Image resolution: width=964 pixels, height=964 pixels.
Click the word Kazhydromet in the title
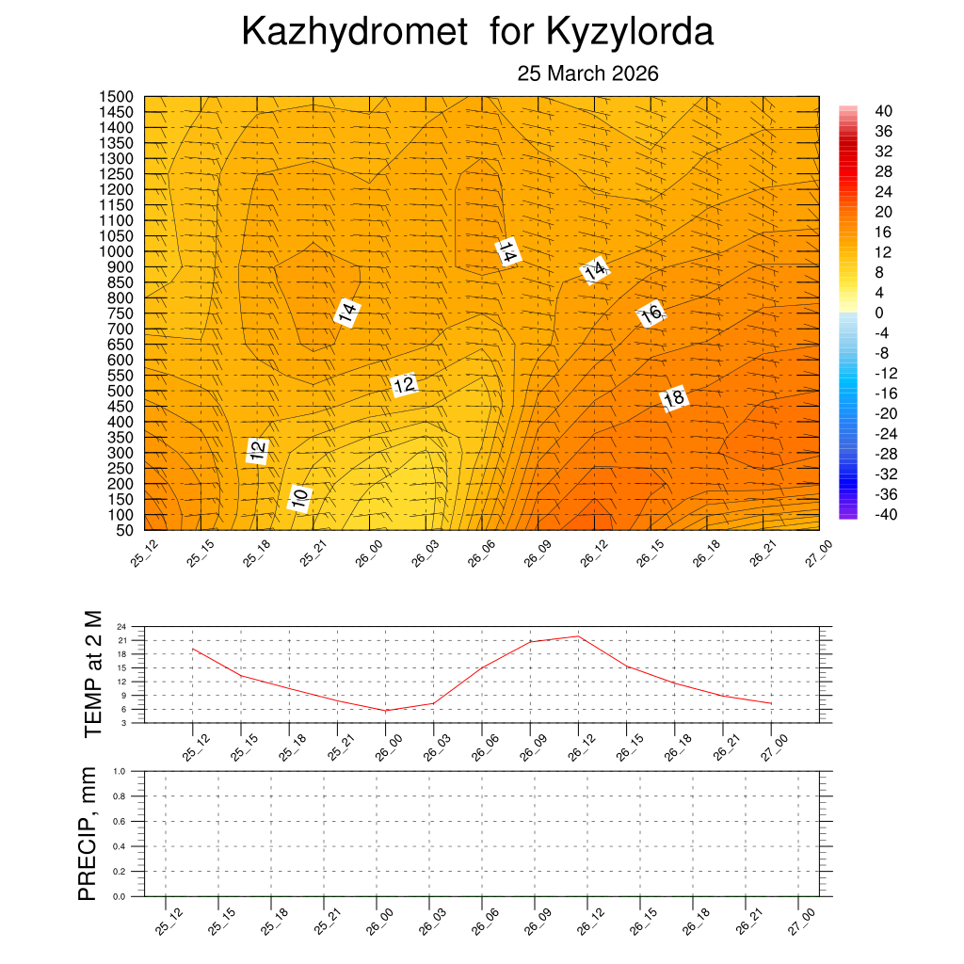click(355, 32)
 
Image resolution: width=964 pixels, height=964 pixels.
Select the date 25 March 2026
click(587, 74)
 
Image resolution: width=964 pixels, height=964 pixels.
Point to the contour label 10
click(299, 498)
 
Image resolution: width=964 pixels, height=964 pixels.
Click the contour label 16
click(651, 314)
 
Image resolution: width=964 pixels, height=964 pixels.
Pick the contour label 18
click(673, 399)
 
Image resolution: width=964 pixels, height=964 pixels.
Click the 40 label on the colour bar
click(883, 110)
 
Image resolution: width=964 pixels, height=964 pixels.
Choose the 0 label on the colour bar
click(879, 313)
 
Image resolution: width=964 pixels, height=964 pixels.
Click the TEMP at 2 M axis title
click(92, 673)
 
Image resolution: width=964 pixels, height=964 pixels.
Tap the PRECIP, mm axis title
click(88, 832)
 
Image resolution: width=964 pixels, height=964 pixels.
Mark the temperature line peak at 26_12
click(578, 636)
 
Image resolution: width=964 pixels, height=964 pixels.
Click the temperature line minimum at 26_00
click(386, 711)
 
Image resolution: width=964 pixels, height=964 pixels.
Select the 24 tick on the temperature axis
click(122, 626)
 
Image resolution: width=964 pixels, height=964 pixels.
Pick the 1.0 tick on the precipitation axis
click(120, 770)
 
